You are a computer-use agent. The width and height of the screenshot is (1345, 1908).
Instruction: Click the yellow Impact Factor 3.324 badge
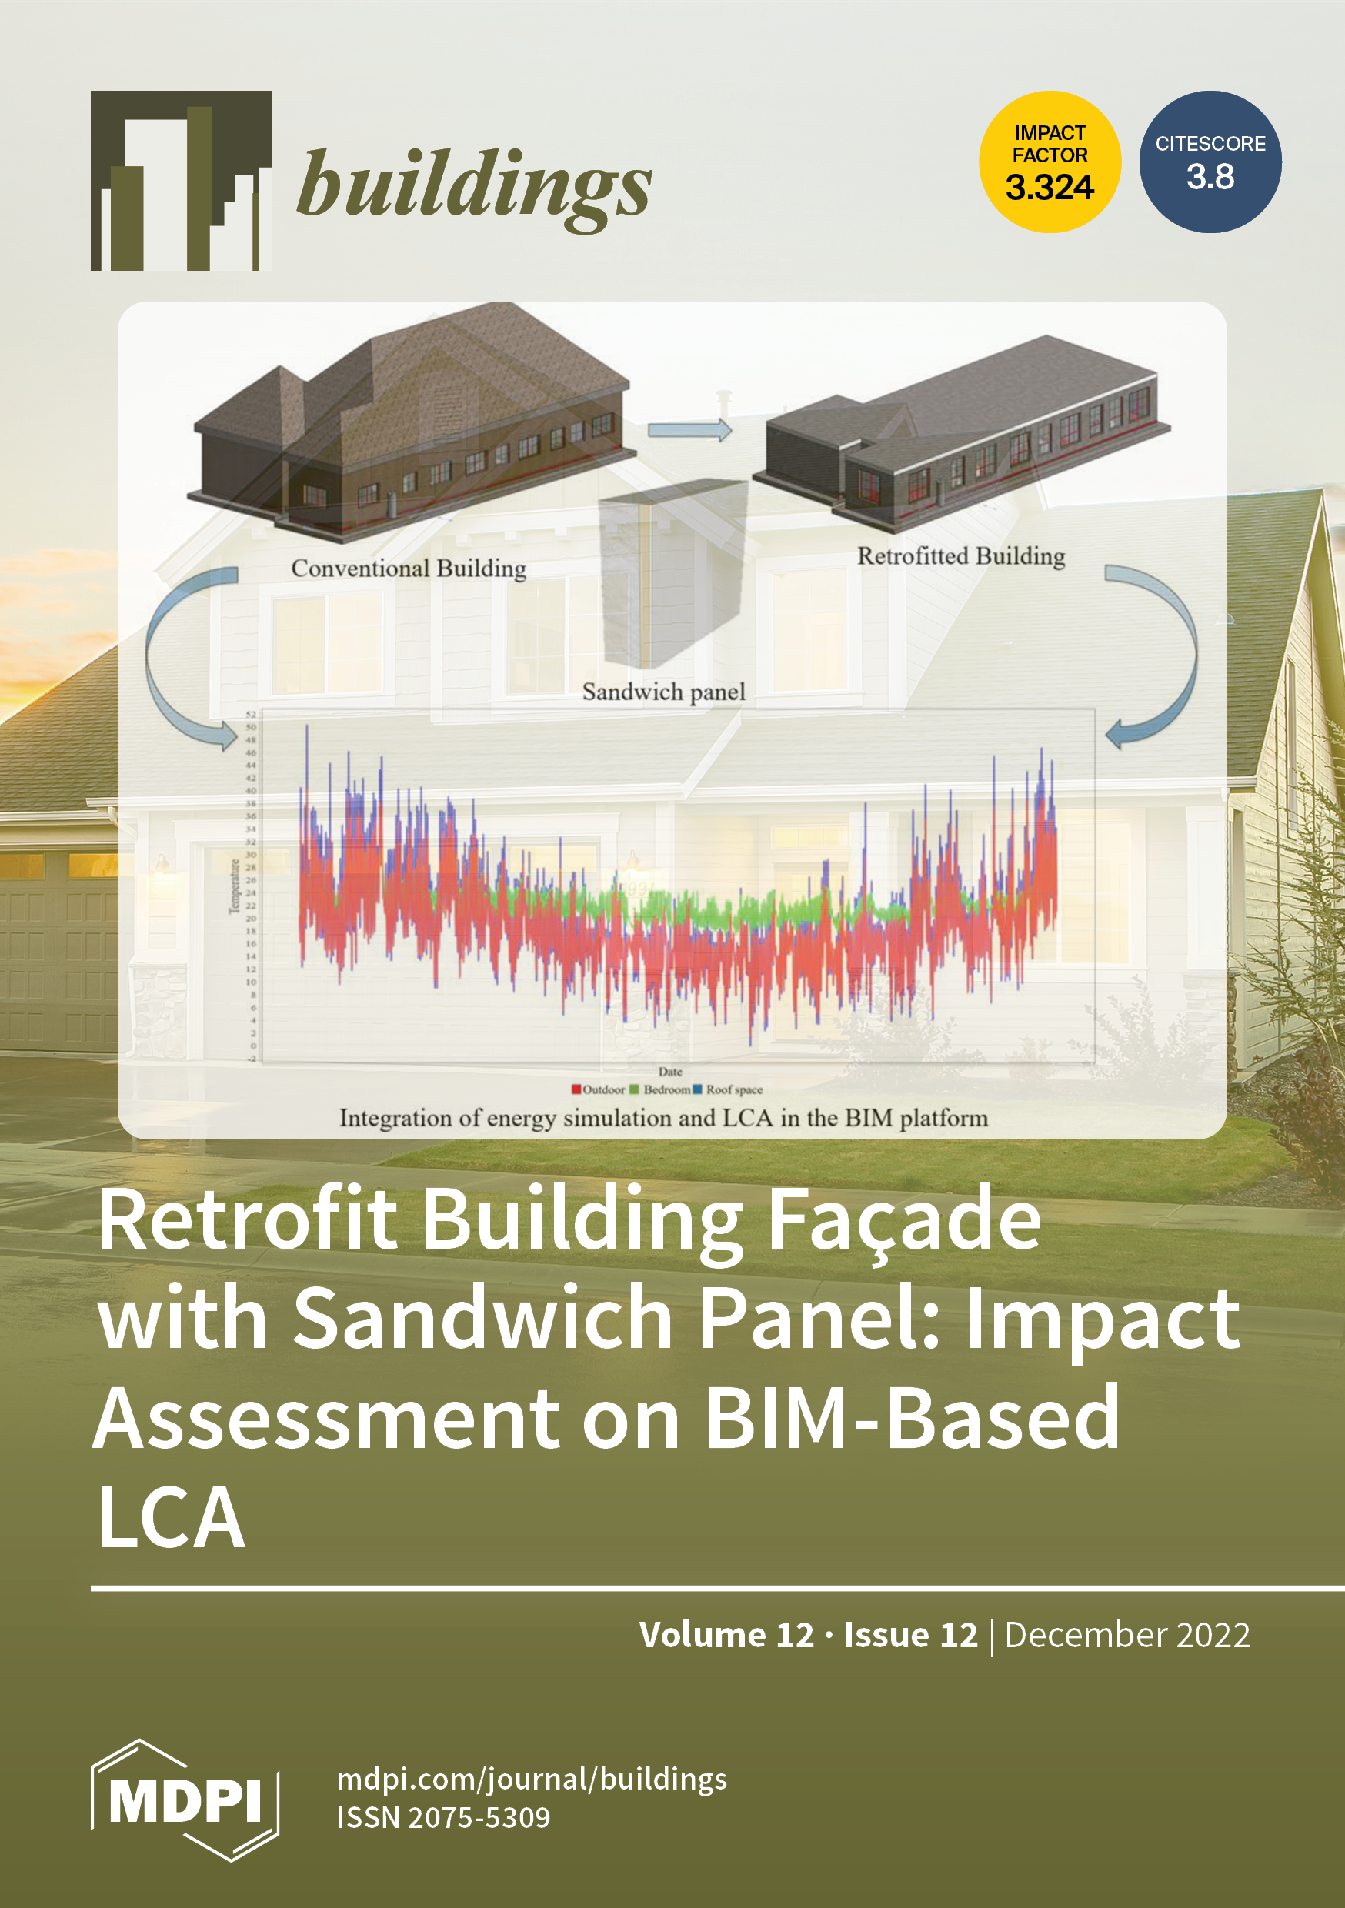click(x=1049, y=162)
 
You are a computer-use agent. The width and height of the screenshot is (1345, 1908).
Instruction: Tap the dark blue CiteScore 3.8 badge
click(x=1210, y=162)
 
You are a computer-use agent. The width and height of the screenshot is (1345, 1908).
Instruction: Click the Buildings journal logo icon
click(x=180, y=180)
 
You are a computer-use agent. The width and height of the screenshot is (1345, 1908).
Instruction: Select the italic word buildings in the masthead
click(x=474, y=185)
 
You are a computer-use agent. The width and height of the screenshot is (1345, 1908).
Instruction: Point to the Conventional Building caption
click(x=408, y=569)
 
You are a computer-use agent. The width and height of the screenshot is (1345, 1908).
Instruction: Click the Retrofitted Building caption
click(x=961, y=556)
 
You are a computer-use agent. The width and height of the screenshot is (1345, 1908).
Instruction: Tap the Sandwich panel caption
click(x=663, y=692)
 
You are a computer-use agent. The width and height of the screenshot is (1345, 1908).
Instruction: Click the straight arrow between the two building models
click(x=689, y=429)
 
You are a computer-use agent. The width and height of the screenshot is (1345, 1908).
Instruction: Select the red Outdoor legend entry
click(x=599, y=1089)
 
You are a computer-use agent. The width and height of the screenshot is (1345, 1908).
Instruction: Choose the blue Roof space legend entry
click(x=728, y=1089)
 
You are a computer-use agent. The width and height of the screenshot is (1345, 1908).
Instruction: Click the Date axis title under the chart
click(x=670, y=1072)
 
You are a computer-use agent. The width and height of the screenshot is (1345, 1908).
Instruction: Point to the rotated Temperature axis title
click(x=235, y=887)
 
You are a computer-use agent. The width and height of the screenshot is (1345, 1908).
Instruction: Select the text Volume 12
click(x=726, y=1635)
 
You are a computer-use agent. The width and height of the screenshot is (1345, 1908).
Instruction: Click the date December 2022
click(x=1127, y=1635)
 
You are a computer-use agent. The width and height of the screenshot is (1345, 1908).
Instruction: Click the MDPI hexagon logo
click(x=185, y=1800)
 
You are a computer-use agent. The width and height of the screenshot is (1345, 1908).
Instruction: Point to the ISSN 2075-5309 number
click(x=443, y=1817)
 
